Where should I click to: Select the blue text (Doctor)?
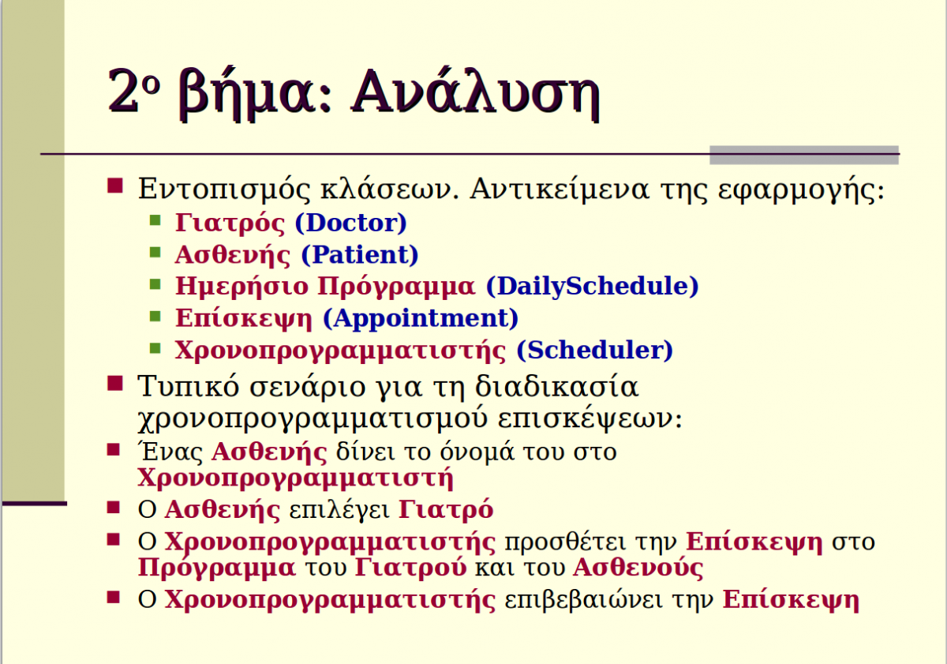point(350,223)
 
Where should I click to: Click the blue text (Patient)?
point(359,255)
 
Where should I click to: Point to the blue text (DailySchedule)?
point(593,287)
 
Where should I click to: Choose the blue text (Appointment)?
point(420,318)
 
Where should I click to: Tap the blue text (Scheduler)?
point(594,351)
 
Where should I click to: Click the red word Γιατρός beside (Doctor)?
point(230,223)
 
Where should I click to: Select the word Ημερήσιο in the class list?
point(241,287)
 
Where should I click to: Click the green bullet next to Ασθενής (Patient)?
point(155,252)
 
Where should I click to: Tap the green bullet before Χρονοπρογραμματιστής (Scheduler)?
point(155,347)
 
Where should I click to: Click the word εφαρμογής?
point(801,190)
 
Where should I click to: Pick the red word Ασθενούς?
point(638,568)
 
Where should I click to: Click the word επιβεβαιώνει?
point(583,600)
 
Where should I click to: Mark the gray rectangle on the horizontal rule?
point(804,155)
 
